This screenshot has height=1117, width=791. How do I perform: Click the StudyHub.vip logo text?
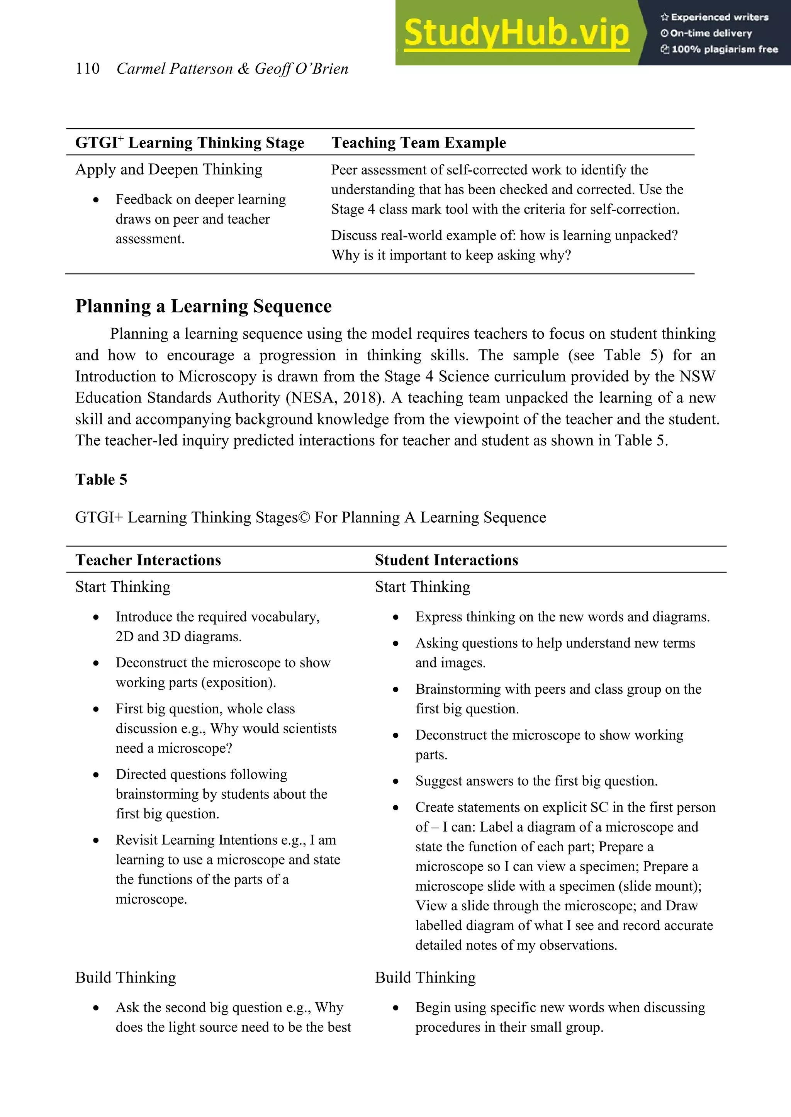(x=516, y=33)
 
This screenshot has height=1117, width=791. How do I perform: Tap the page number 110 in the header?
(x=88, y=69)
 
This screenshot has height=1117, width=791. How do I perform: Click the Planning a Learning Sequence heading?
(x=204, y=306)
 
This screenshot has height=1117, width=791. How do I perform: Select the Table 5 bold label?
(x=101, y=479)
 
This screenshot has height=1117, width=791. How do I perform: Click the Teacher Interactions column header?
(x=148, y=560)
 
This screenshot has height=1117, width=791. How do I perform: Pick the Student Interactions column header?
(x=446, y=560)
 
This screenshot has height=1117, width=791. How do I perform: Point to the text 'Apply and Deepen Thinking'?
(x=168, y=170)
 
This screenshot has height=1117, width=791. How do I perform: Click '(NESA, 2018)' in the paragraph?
(x=334, y=397)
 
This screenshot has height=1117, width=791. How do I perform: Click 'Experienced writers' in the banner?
(x=719, y=17)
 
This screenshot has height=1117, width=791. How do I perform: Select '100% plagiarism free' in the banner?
(x=724, y=49)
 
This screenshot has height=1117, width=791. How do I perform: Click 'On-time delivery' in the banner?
(x=711, y=33)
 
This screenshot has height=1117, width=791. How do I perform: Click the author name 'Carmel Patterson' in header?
(x=174, y=69)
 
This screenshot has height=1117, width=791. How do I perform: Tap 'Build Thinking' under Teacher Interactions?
(x=126, y=977)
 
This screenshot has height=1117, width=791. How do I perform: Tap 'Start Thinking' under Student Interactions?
(x=422, y=587)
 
